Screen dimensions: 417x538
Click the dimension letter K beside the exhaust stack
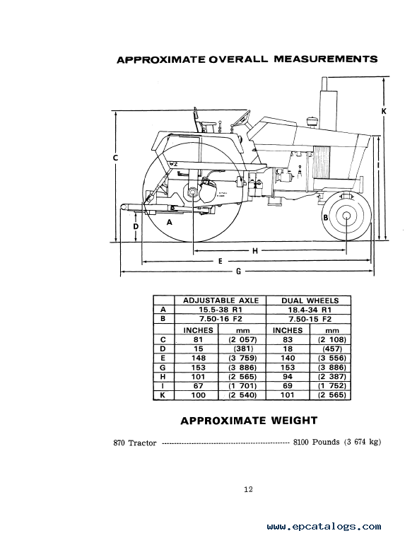[384, 111]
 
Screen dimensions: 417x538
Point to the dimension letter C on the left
[116, 158]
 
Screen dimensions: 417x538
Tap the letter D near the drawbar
[136, 226]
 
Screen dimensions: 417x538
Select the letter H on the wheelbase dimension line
[255, 251]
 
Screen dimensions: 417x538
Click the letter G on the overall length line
[238, 271]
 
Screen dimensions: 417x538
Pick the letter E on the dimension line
[220, 261]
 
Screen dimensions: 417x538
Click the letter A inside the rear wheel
[169, 222]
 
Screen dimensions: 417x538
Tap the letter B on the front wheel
[325, 217]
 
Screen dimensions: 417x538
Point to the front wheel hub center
[346, 216]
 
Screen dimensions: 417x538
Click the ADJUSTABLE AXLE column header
[221, 300]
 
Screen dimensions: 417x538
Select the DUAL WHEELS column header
[310, 300]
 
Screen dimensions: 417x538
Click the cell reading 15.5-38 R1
[221, 310]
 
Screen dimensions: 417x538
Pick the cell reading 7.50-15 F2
[310, 319]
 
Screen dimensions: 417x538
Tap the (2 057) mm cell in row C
[242, 339]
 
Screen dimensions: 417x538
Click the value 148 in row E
[199, 358]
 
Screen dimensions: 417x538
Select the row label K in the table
[163, 395]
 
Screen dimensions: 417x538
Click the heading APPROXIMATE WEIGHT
[249, 421]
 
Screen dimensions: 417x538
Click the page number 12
[248, 490]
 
